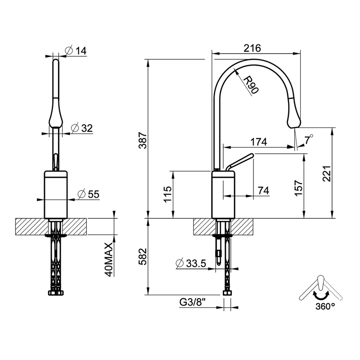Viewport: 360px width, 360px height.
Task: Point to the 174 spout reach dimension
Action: pyautogui.click(x=259, y=142)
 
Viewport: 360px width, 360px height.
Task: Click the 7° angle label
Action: pyautogui.click(x=309, y=138)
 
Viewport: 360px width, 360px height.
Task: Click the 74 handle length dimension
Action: pyautogui.click(x=263, y=191)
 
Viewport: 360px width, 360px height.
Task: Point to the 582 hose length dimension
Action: pyautogui.click(x=143, y=256)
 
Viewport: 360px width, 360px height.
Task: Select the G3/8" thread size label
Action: pyautogui.click(x=193, y=302)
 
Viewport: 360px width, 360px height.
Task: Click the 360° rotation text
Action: pyautogui.click(x=325, y=307)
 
